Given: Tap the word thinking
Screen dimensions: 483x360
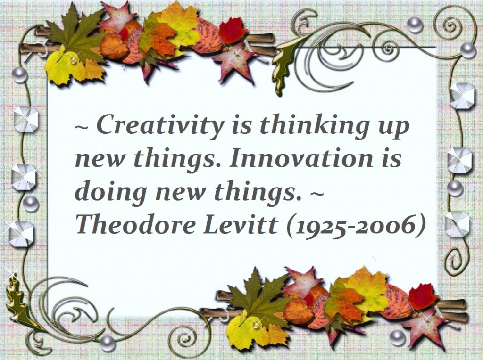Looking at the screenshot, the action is coord(315,126).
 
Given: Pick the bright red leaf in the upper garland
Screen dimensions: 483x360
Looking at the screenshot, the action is coord(233,30).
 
